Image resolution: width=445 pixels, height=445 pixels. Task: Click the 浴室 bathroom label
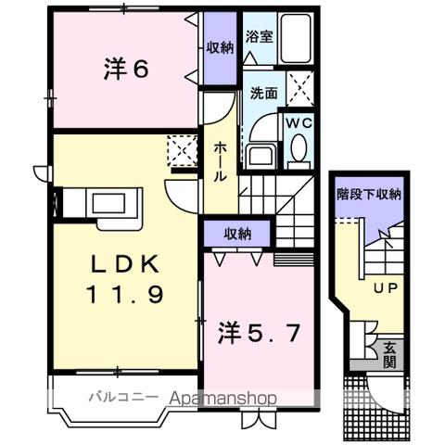click(259, 38)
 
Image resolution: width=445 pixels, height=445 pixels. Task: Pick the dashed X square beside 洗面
click(300, 89)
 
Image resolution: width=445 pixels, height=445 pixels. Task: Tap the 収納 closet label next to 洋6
click(220, 47)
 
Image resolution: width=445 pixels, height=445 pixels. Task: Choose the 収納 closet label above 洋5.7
click(236, 233)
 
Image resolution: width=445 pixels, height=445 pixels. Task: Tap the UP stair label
click(385, 288)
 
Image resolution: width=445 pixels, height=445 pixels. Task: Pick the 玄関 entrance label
click(392, 354)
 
